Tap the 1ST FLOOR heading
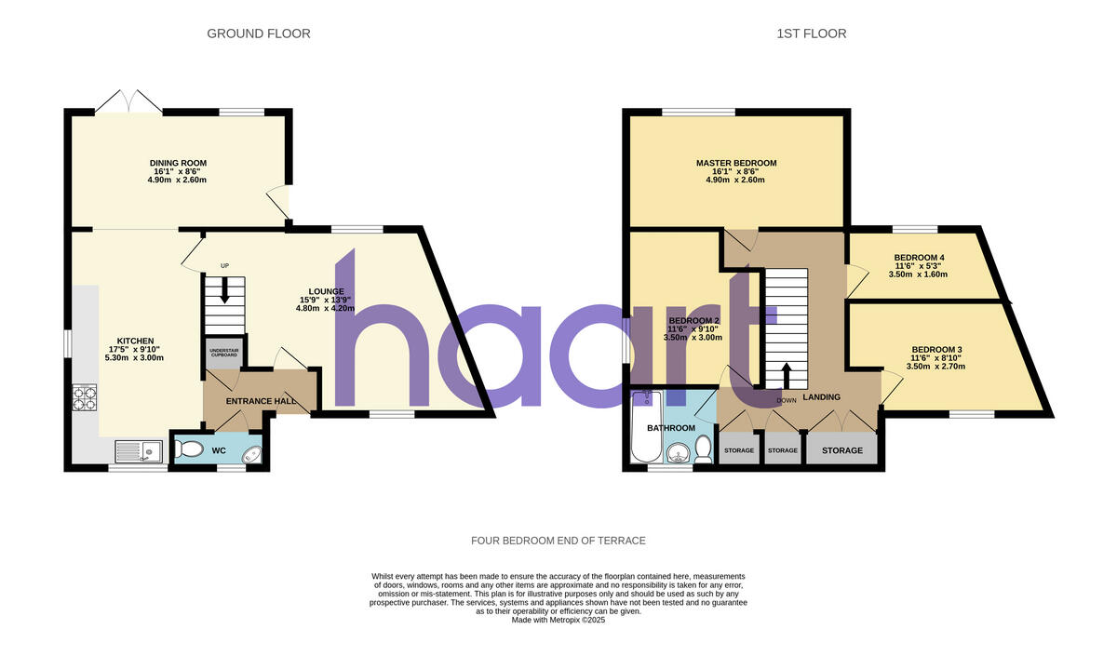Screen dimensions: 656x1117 [x=811, y=34]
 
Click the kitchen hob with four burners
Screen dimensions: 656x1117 [x=86, y=397]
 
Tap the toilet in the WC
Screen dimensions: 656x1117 [x=189, y=450]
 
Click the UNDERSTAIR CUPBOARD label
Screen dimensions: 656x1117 [x=222, y=353]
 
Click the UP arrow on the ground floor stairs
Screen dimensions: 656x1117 [x=224, y=293]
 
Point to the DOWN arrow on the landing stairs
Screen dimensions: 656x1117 [x=786, y=375]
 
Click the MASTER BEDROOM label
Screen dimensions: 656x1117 [x=736, y=163]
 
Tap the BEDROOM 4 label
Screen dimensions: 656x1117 [x=919, y=258]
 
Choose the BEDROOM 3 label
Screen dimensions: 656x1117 [x=935, y=350]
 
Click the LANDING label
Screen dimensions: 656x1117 [x=821, y=397]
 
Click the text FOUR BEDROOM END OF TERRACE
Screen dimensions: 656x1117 [x=558, y=541]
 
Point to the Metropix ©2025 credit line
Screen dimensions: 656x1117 [x=558, y=620]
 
